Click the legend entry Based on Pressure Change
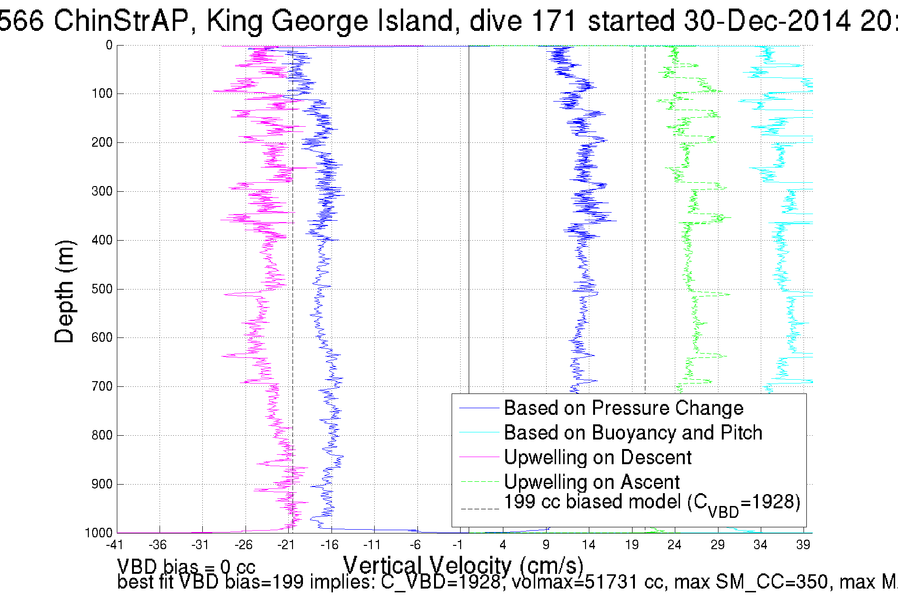tap(623, 408)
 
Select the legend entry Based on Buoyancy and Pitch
tap(633, 433)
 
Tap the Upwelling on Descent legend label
tap(597, 458)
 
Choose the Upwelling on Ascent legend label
tap(592, 482)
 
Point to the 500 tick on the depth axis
tap(102, 289)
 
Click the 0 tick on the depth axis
tap(109, 46)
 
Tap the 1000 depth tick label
tap(99, 533)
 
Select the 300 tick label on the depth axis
tap(102, 191)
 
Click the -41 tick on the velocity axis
tap(114, 545)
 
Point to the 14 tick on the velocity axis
tap(589, 545)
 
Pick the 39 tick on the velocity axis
tap(803, 545)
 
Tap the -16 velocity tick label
tap(329, 545)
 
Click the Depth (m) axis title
tap(65, 291)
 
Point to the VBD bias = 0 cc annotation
tap(186, 567)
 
